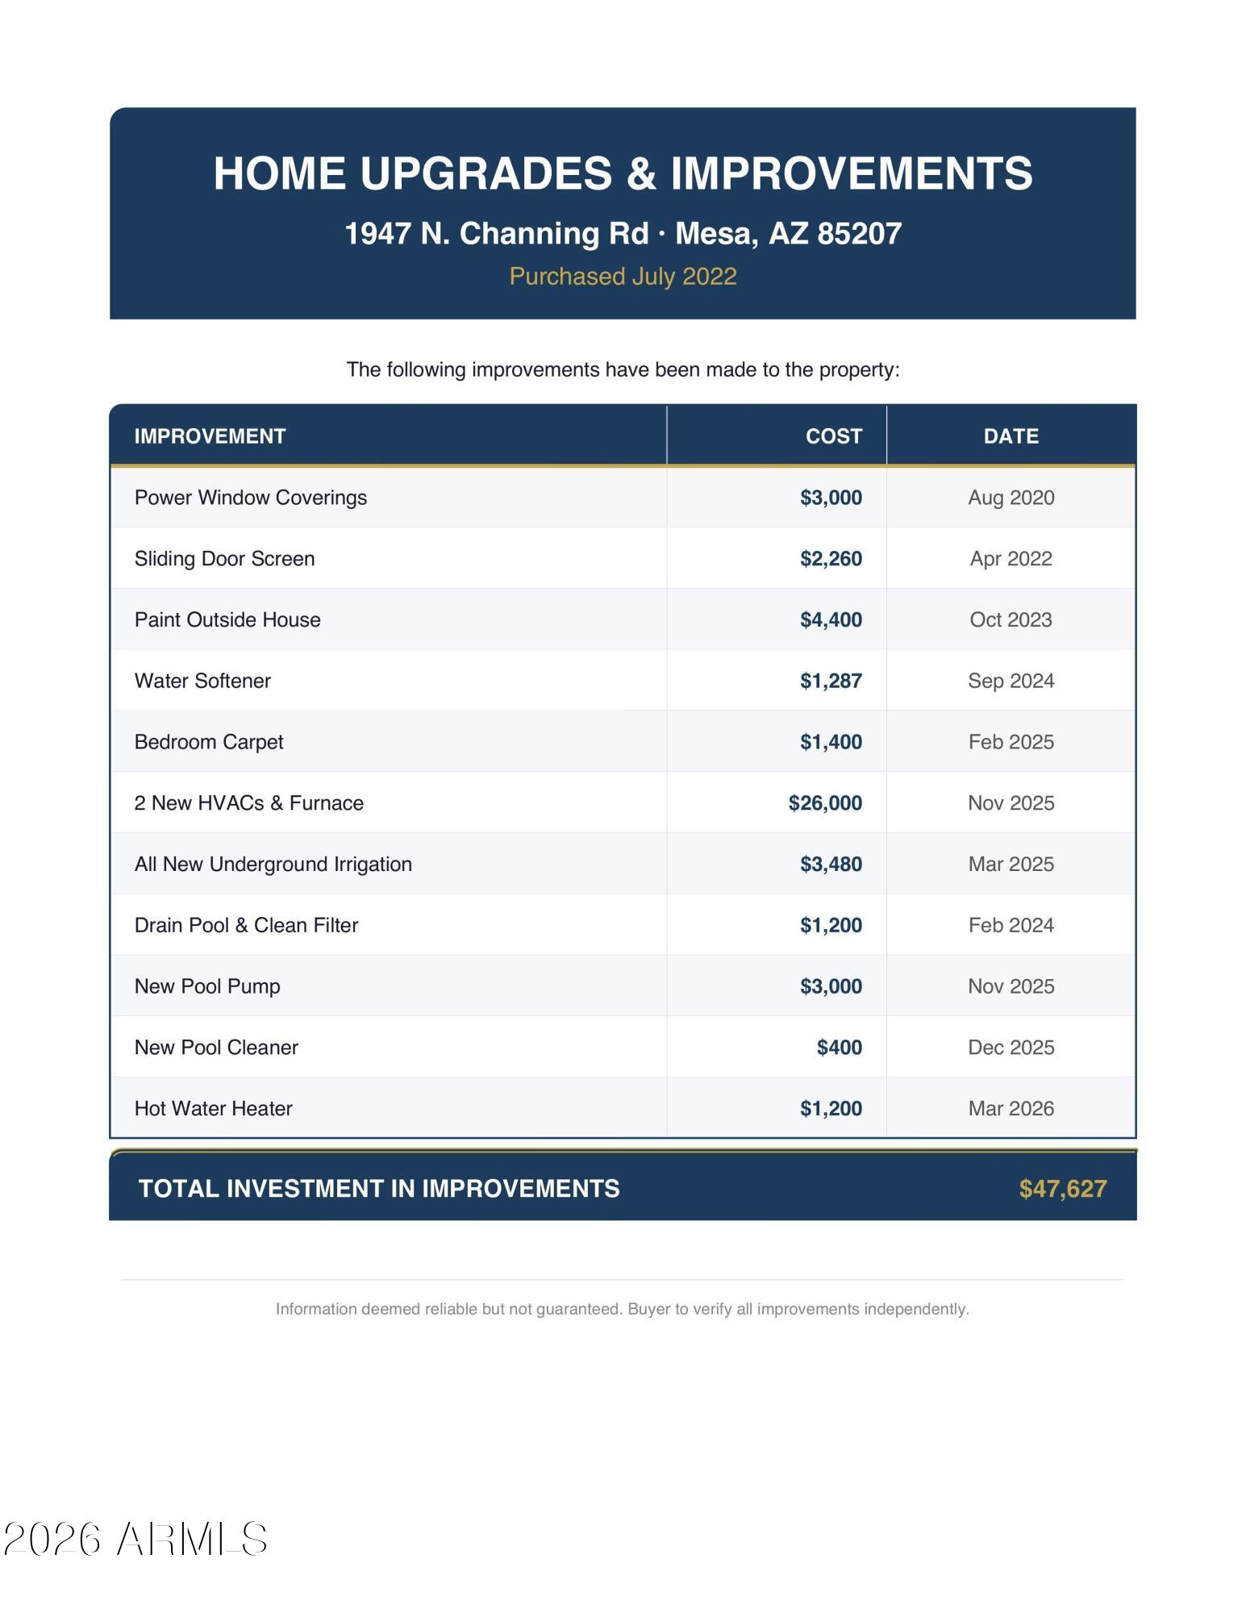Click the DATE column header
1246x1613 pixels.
(1011, 436)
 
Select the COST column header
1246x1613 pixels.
(833, 436)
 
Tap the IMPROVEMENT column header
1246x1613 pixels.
(210, 436)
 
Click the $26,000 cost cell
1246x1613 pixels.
(825, 803)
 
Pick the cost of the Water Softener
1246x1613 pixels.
(831, 681)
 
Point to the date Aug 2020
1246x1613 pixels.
(1011, 498)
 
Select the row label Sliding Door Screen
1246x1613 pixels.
(224, 559)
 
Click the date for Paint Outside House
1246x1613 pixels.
(1011, 620)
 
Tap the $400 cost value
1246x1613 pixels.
(839, 1048)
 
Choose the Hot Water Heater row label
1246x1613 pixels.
(213, 1109)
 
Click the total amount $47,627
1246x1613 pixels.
(1062, 1189)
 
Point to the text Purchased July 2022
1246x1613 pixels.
(623, 277)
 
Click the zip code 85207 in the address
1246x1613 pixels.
(859, 234)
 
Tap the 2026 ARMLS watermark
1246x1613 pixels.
(135, 1540)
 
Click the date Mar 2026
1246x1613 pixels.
(1011, 1109)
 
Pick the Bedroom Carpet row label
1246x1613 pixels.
(209, 742)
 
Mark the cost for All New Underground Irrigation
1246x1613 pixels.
(831, 865)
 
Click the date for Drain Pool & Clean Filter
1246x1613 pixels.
(1011, 926)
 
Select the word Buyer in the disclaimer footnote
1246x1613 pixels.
(648, 1309)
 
